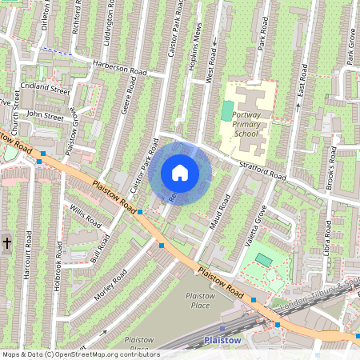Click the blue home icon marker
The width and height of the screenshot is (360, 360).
point(180,172)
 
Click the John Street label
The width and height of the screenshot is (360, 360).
point(44,115)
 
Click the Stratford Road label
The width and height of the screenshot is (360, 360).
point(262,170)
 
